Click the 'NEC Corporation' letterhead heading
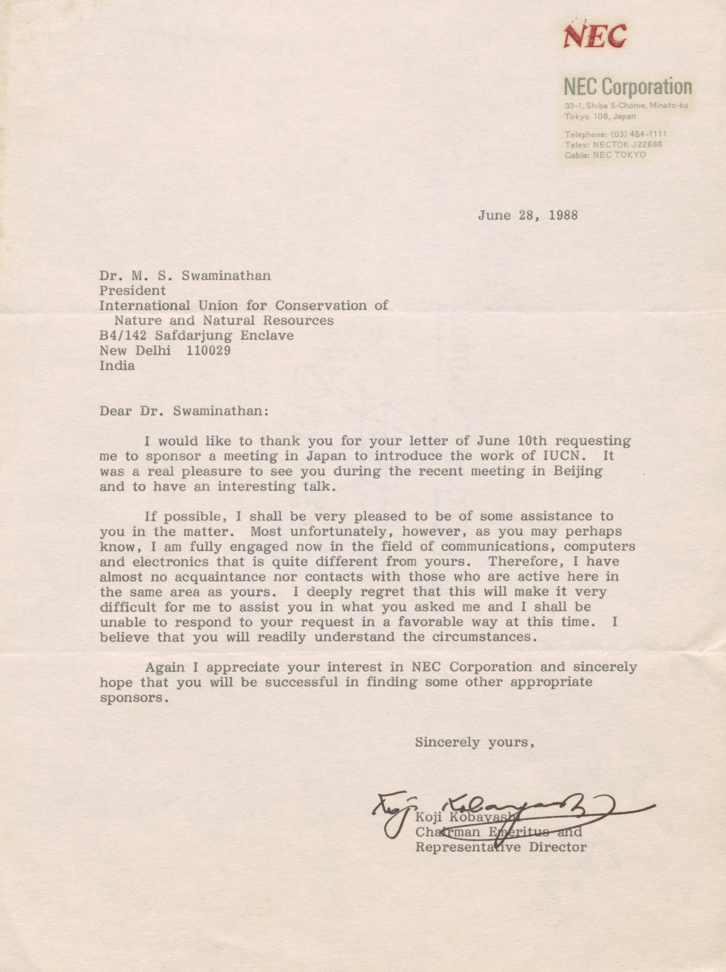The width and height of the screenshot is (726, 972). point(627,87)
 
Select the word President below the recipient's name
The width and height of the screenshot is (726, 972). point(132,290)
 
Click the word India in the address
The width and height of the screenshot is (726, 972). point(117,366)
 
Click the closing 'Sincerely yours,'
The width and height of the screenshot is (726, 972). point(474,742)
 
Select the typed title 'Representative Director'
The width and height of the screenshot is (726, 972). point(501,846)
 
